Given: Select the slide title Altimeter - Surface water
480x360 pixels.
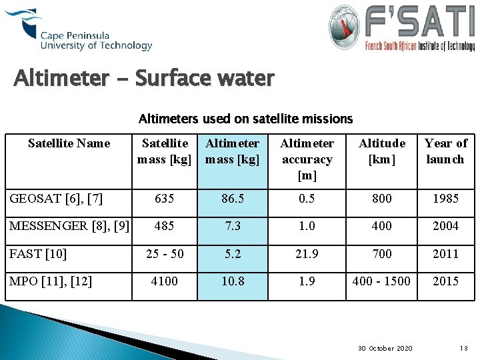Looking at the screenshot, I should [144, 79].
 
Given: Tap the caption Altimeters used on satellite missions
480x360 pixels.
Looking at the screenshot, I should [245, 119].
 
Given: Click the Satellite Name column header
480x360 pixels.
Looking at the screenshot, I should [69, 143].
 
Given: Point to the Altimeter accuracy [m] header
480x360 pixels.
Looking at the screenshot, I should [307, 159].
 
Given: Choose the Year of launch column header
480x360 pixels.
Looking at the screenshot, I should [445, 151].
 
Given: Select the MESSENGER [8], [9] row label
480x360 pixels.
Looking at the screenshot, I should [69, 225].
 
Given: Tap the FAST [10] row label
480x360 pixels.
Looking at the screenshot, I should [38, 253].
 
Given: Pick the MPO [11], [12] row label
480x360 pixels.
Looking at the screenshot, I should [50, 281].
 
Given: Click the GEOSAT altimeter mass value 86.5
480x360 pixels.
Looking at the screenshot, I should [233, 198].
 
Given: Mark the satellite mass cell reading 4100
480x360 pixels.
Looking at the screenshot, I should [164, 281].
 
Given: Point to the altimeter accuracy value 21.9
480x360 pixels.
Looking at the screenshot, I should [307, 253].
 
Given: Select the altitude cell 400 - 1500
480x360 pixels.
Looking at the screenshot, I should [382, 281].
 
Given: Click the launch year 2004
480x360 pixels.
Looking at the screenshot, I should [445, 226].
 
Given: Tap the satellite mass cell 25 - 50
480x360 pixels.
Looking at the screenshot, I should [164, 253].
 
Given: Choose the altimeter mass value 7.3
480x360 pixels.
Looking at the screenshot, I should [233, 226].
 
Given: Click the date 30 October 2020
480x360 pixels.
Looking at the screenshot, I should [385, 348].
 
